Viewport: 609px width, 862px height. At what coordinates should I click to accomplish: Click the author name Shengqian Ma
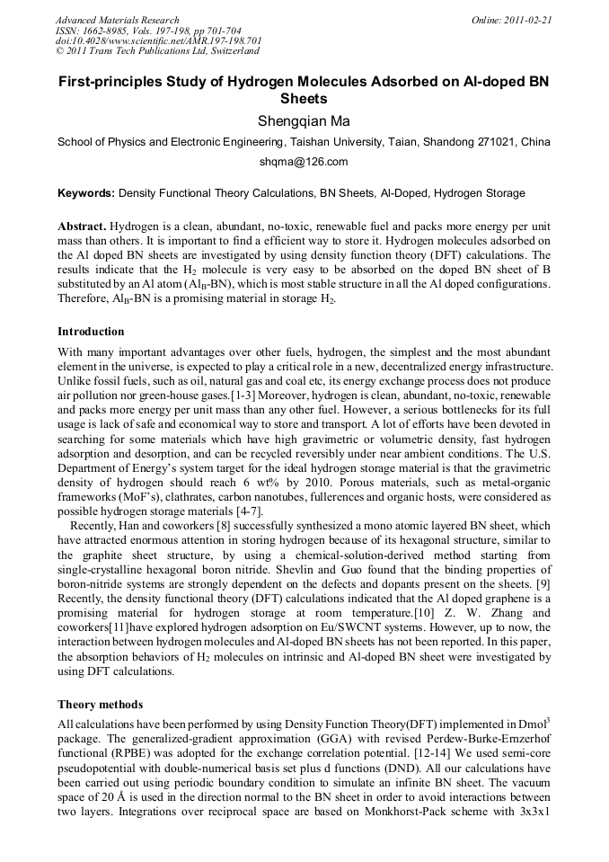pos(304,121)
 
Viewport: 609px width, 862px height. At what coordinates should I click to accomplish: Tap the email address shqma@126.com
pos(304,162)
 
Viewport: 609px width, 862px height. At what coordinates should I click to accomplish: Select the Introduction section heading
pos(91,332)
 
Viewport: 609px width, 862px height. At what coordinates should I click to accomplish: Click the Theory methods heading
pos(100,704)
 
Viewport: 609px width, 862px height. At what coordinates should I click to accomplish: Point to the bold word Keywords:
pos(86,193)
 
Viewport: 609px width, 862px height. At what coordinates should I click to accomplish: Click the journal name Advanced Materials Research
pos(117,20)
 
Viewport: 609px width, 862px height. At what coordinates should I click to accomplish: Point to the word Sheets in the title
pos(304,98)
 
